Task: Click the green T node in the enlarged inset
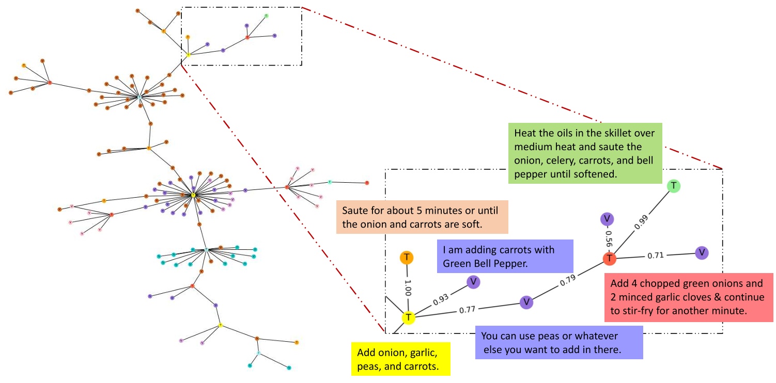(x=673, y=186)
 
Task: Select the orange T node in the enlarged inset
(x=407, y=257)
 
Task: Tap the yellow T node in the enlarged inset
(x=408, y=317)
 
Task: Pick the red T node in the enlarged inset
(x=610, y=258)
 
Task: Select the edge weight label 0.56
(x=608, y=238)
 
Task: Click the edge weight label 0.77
(x=467, y=310)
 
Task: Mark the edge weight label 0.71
(x=656, y=254)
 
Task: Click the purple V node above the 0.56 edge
(x=607, y=219)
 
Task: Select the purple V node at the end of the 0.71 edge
(x=702, y=252)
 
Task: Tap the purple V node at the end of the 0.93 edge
(x=473, y=282)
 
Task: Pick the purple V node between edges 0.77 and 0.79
(x=526, y=302)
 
